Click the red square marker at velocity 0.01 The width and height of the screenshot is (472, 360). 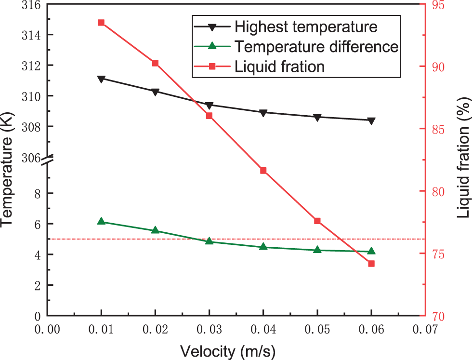coord(101,23)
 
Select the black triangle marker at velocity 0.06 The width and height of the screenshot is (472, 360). coord(371,120)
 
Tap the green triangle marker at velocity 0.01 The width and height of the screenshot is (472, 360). coord(101,221)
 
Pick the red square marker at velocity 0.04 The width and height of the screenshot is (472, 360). coord(263,171)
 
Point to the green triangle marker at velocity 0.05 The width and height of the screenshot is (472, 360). coord(317,250)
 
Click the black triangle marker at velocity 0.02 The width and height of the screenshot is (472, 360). coord(155,92)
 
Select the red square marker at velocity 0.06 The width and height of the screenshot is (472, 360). coord(371,264)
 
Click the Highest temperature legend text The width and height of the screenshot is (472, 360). coord(306,26)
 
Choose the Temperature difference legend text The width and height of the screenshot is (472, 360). coord(316,46)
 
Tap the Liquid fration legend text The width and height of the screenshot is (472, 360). coord(280,66)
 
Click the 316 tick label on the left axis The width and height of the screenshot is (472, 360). coord(30,5)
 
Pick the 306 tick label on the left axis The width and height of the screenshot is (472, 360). coord(30,158)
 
